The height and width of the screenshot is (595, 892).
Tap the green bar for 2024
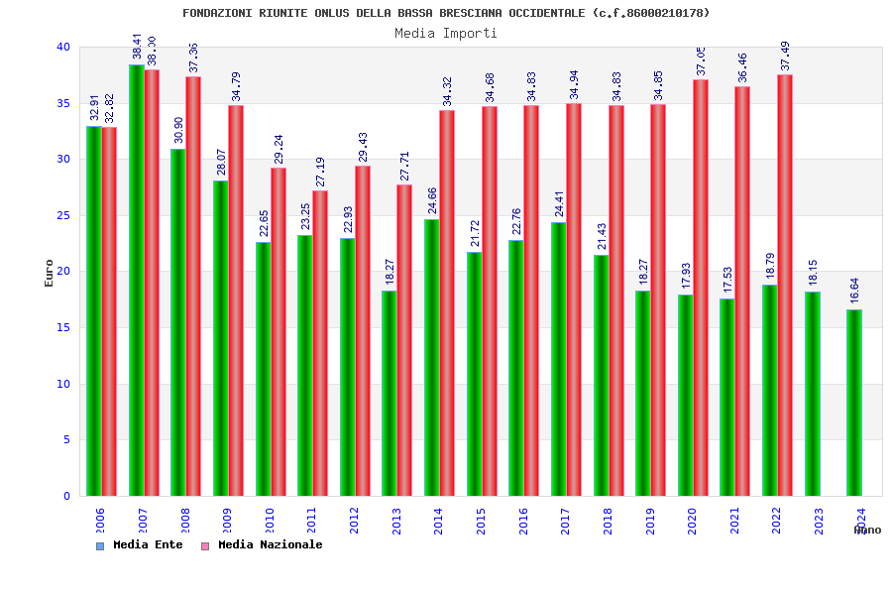point(854,403)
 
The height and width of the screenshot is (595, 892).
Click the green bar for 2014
point(432,357)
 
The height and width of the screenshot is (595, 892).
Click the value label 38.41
point(138,46)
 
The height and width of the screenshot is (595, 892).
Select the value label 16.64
point(855,291)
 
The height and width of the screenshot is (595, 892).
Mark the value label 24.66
point(433,200)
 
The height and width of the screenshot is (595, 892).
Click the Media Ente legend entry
point(140,544)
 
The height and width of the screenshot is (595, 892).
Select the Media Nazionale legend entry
point(263,544)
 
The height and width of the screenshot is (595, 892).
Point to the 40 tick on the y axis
point(63,47)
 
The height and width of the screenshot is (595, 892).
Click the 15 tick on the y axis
point(63,327)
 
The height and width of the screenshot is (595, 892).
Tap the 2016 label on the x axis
point(523,522)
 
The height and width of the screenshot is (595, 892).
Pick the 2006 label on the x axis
point(100,522)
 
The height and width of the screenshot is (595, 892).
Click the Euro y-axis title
point(50,273)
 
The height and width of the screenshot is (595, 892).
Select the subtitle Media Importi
point(446,33)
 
